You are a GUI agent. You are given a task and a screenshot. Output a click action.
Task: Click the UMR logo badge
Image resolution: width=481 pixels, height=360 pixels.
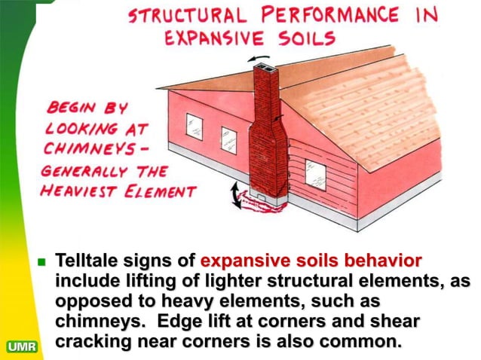[x=22, y=346]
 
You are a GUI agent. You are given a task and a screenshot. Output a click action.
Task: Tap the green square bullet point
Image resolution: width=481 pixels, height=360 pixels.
[x=41, y=262]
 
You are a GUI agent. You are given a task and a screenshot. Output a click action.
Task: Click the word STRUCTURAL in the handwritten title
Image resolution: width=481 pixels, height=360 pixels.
[x=188, y=15]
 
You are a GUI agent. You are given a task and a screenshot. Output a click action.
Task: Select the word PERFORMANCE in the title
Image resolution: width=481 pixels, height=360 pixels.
[x=330, y=14]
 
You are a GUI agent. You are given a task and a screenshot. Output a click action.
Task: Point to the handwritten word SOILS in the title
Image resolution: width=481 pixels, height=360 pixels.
[x=307, y=38]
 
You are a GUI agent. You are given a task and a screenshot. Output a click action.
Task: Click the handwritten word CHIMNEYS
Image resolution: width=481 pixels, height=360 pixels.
[x=90, y=148]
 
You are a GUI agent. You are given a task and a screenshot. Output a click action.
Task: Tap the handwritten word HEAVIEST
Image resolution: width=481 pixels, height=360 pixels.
[x=78, y=191]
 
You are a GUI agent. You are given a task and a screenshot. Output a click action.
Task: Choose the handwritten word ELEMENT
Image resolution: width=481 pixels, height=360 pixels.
[x=160, y=191]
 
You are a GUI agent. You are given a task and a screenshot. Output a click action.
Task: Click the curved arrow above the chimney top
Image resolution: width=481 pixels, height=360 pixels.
[x=259, y=58]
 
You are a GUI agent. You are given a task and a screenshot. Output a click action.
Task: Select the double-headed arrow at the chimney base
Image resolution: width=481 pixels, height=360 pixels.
[x=235, y=195]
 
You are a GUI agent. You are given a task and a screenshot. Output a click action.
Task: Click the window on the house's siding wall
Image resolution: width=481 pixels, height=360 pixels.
[x=315, y=172]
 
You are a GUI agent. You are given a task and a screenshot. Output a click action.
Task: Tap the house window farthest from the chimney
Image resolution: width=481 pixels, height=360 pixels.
[x=195, y=127]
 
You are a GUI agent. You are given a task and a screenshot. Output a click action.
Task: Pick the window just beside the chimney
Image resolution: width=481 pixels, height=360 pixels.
[x=229, y=140]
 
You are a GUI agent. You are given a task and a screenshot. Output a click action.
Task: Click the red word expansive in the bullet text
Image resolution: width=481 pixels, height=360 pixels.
[x=246, y=261]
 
